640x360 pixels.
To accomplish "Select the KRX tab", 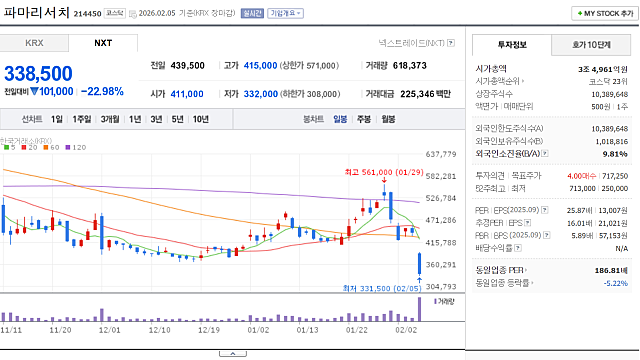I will pos(35,43).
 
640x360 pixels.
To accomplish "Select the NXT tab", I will pos(103,43).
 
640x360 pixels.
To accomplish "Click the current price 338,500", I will pos(38,73).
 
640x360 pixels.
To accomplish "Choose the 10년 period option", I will pos(201,119).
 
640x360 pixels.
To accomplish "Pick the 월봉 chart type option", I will pos(388,119).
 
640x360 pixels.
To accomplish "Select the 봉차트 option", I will pos(313,119).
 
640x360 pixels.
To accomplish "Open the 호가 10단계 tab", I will pos(592,44).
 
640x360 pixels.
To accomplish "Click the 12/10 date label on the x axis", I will pos(159,328).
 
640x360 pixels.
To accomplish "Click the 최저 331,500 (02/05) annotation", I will pos(375,289).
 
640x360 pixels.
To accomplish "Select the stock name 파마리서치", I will pos(35,12).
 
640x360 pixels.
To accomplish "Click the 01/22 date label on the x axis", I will pos(356,328).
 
